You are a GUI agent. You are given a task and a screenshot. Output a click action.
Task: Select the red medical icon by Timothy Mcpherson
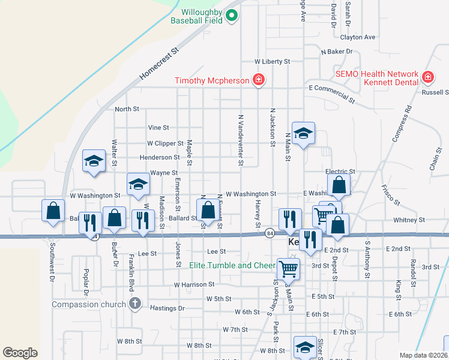pyautogui.click(x=259, y=80)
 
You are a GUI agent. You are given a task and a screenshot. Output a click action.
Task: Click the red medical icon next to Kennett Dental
pyautogui.click(x=427, y=77)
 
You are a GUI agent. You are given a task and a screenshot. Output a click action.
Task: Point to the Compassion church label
pyautogui.click(x=89, y=304)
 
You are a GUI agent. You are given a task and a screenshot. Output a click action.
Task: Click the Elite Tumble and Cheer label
pyautogui.click(x=232, y=265)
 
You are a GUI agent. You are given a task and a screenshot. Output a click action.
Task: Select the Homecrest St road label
pyautogui.click(x=160, y=65)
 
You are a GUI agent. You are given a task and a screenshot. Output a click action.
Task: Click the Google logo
pyautogui.click(x=20, y=352)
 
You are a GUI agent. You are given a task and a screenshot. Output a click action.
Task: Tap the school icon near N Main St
pyautogui.click(x=304, y=134)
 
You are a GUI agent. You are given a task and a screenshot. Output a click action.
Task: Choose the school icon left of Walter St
pyautogui.click(x=94, y=161)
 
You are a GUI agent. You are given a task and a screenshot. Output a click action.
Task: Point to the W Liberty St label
pyautogui.click(x=272, y=61)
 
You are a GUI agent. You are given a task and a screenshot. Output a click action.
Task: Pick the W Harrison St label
pyautogui.click(x=194, y=284)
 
